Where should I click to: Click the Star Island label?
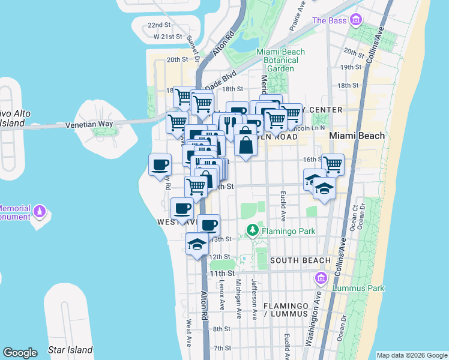coord(70,350)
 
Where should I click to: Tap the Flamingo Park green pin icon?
coord(253,230)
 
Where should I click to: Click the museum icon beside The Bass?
coord(357,21)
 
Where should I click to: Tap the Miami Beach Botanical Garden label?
coord(277,60)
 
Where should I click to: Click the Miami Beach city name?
coord(358,136)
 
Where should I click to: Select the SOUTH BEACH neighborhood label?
coord(300,260)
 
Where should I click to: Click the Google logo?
coord(20,352)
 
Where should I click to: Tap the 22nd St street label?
coord(159,25)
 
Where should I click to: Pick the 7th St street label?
coord(222,348)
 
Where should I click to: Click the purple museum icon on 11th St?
coord(320,278)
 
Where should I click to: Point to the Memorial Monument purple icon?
coord(40,211)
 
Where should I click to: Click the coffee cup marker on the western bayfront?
coord(160,164)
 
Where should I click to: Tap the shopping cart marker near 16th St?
coord(333,164)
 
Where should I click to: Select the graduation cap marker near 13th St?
coord(197,244)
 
